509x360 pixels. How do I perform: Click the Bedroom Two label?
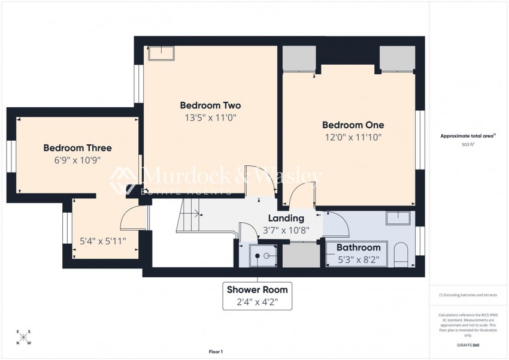(x=210, y=105)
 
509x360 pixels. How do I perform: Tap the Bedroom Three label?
(x=77, y=148)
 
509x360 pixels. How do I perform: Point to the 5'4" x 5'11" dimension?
(x=103, y=243)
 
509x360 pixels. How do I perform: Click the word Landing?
(x=286, y=219)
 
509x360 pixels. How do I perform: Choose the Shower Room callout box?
(x=257, y=295)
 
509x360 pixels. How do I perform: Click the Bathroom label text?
(x=358, y=247)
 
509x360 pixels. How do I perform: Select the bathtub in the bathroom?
(x=357, y=254)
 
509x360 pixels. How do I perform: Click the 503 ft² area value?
(x=468, y=145)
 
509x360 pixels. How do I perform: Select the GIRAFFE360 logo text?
(x=467, y=346)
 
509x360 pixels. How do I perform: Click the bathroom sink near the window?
(x=398, y=218)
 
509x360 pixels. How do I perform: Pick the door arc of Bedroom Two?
(x=255, y=179)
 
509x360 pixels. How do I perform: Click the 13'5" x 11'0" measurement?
(x=210, y=118)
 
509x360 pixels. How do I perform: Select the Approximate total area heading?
(x=468, y=137)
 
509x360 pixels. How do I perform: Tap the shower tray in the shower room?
(x=259, y=256)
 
